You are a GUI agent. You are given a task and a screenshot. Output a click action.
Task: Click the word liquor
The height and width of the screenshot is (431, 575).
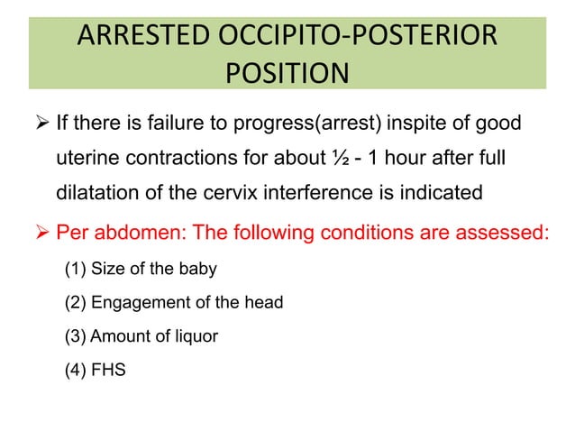pyautogui.click(x=196, y=336)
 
